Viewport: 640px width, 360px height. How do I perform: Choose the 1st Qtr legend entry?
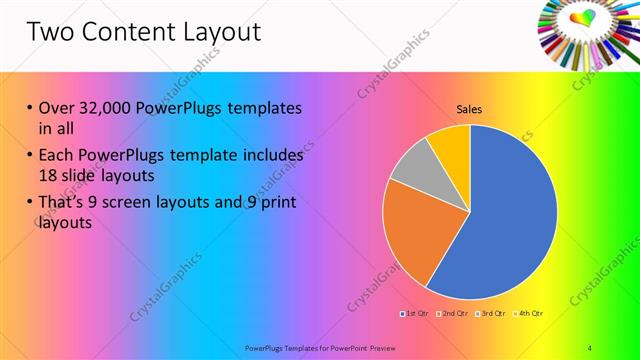click(414, 315)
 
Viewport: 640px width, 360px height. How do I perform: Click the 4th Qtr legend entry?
click(531, 315)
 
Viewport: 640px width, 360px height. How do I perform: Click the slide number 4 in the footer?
click(589, 347)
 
